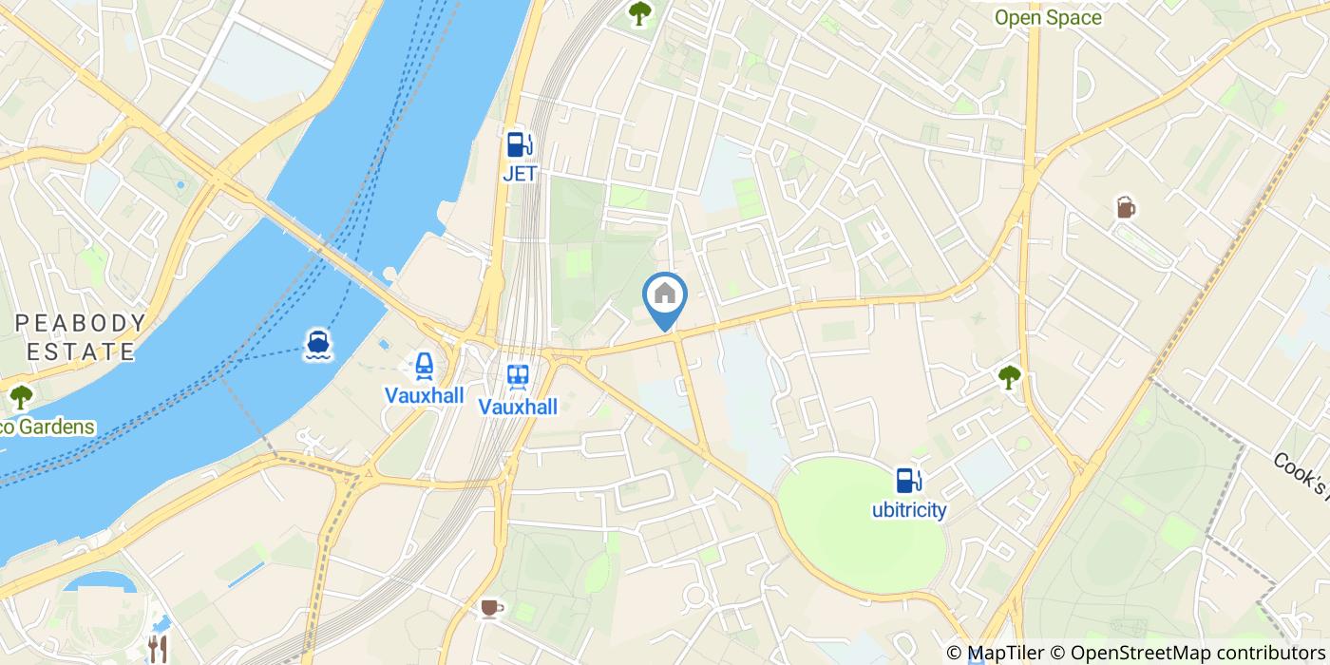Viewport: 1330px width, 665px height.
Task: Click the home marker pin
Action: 665,296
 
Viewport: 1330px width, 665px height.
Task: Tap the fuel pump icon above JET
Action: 519,144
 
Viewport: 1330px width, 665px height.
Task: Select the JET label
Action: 519,174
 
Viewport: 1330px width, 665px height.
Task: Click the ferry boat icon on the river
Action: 318,345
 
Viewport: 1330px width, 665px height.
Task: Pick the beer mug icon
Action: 1126,207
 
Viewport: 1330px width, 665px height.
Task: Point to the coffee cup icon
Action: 490,608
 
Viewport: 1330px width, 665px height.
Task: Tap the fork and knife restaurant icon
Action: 158,649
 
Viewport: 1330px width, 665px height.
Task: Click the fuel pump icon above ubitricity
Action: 909,481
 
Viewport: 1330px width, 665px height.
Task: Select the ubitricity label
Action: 909,510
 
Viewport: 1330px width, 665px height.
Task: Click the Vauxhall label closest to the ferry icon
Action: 424,394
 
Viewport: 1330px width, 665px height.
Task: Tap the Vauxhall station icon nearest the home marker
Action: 518,376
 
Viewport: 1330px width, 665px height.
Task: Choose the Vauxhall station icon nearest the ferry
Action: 424,365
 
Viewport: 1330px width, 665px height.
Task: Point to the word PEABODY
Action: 82,323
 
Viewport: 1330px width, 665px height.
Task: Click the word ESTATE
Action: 82,351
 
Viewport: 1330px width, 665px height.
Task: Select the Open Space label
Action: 1048,18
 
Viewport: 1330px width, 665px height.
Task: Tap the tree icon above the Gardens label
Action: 20,396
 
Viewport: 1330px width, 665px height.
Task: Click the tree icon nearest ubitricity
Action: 1009,377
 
